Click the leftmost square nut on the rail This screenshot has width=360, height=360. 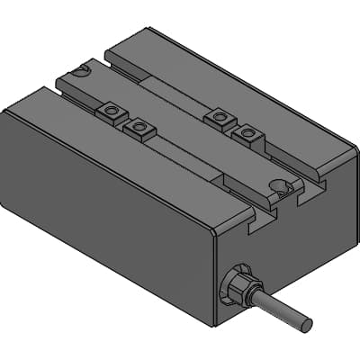(111, 111)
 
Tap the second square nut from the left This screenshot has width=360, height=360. (139, 127)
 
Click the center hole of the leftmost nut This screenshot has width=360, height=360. (111, 111)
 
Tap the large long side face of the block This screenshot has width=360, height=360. (99, 207)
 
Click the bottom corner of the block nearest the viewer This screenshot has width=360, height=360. (214, 324)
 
